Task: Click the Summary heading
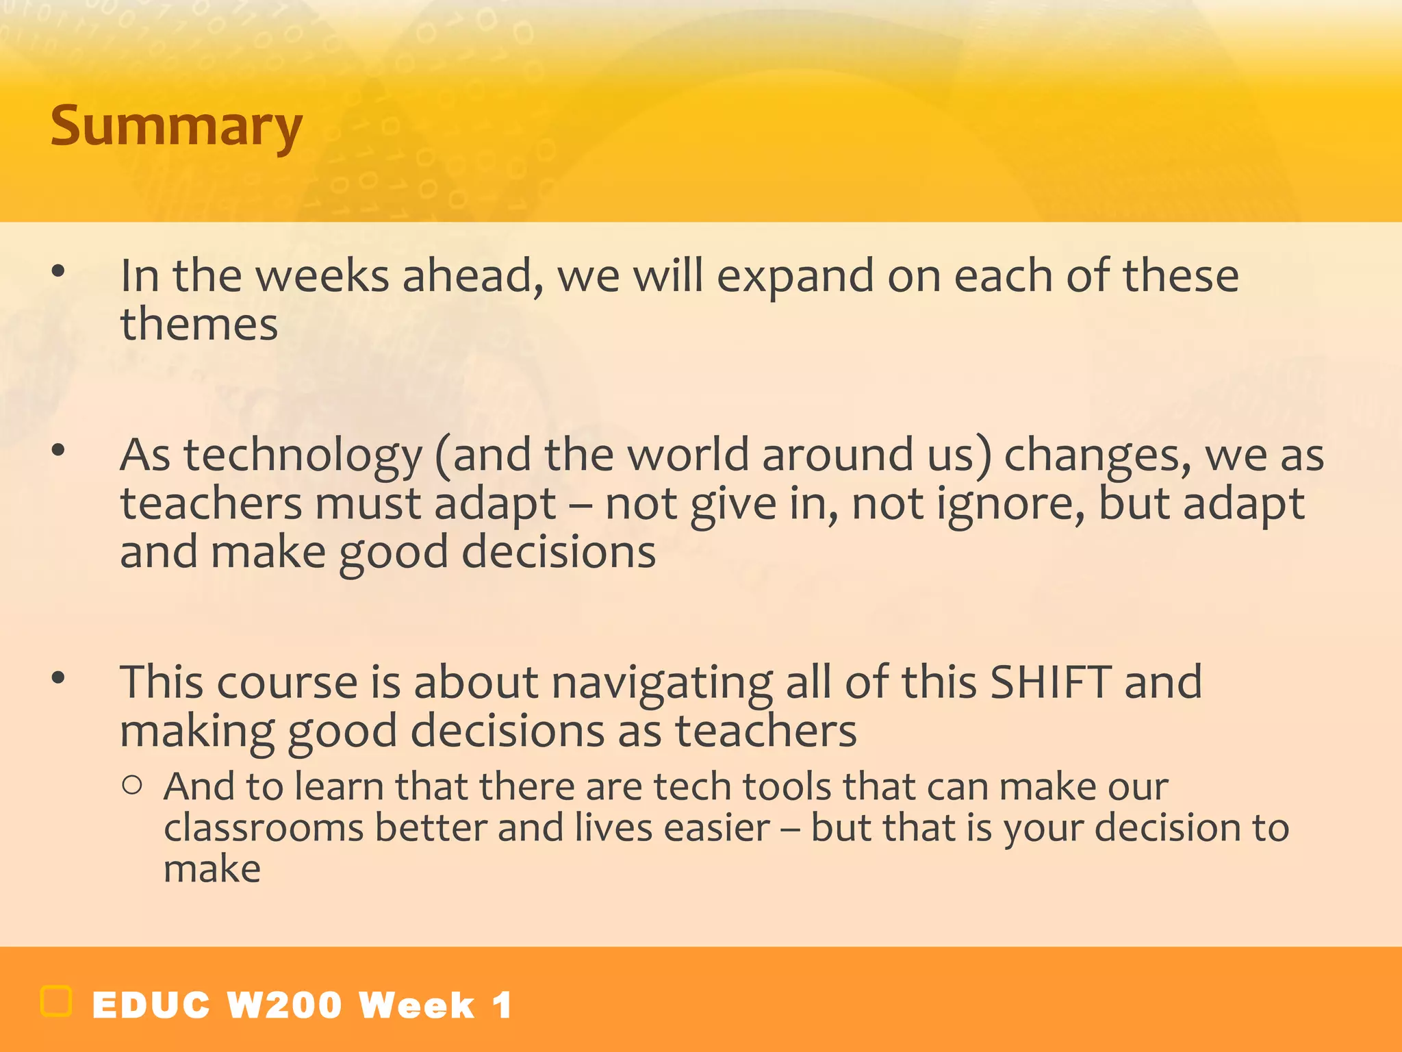click(176, 127)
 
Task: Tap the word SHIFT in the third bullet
click(1051, 682)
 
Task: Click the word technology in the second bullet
click(303, 455)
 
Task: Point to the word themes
click(199, 324)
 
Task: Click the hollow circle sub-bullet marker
click(132, 785)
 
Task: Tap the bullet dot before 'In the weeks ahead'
click(58, 271)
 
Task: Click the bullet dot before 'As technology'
click(58, 450)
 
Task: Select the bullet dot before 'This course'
click(58, 678)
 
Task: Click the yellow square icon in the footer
click(56, 1001)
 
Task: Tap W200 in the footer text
click(284, 1005)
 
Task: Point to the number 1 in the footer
click(502, 1005)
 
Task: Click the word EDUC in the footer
click(151, 1005)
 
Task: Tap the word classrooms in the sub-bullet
click(264, 828)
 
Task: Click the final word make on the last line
click(212, 869)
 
